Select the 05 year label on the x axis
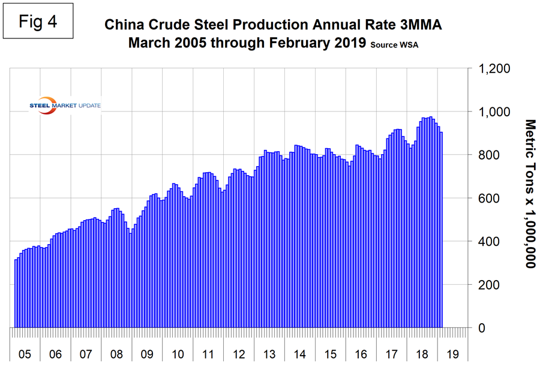tap(25, 353)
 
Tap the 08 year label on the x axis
tap(116, 353)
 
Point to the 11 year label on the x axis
tap(208, 353)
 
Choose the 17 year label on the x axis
tap(392, 353)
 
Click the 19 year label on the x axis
tap(453, 353)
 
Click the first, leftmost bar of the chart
tap(16, 294)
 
